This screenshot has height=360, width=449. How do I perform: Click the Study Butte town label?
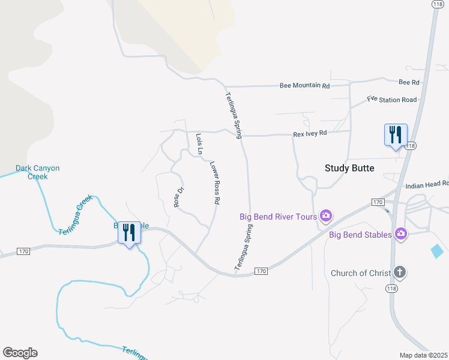[x=349, y=168]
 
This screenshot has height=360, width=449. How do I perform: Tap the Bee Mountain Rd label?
[x=305, y=86]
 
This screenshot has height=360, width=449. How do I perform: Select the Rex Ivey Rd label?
[x=310, y=133]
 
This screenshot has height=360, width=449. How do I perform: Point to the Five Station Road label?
[x=391, y=100]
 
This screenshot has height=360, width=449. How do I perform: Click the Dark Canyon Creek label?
[x=38, y=172]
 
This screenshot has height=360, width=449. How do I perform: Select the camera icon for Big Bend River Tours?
[x=326, y=215]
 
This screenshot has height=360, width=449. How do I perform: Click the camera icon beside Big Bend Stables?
[x=400, y=234]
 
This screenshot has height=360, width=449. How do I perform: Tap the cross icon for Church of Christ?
[x=400, y=273]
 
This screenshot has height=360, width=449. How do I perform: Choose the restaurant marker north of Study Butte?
[x=396, y=134]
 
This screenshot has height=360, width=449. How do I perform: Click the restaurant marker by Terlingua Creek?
[x=129, y=232]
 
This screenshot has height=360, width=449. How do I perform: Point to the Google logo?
[x=20, y=352]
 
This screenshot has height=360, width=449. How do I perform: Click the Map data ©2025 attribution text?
[x=424, y=355]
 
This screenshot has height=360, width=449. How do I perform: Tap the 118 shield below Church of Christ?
[x=391, y=289]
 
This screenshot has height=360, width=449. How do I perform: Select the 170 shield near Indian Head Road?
[x=378, y=202]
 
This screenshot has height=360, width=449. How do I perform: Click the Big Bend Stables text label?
[x=360, y=234]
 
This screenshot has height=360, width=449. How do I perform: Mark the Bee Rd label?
[x=409, y=82]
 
